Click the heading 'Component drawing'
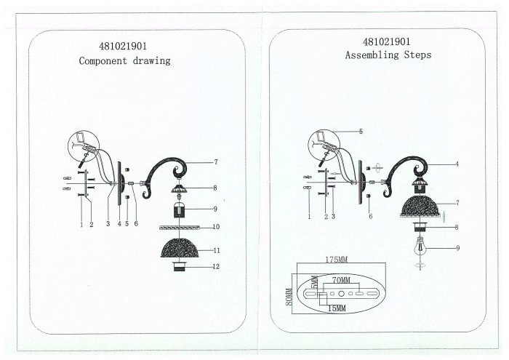[124, 60]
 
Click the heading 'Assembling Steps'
[388, 55]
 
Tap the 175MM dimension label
[336, 260]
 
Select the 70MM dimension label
[341, 280]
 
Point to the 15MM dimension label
[337, 308]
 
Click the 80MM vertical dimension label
[289, 297]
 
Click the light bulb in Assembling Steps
[420, 249]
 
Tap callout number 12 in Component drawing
[216, 266]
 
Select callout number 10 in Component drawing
[216, 227]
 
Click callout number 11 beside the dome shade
[217, 250]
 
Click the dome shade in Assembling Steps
[420, 207]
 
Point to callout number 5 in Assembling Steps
[361, 132]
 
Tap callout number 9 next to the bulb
[457, 248]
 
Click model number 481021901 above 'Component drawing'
[123, 47]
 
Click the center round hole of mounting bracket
[341, 294]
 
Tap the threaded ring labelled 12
[179, 265]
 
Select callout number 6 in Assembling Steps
[370, 216]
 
